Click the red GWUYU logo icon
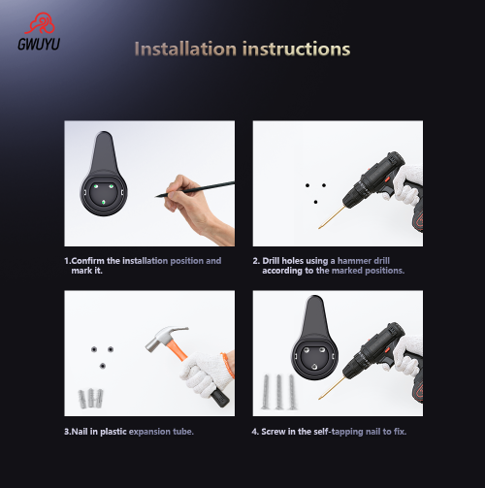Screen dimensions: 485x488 pyautogui.click(x=40, y=23)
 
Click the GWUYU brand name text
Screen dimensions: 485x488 pyautogui.click(x=39, y=45)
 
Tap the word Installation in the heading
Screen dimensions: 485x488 pyautogui.click(x=185, y=49)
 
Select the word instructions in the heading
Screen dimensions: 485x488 pyautogui.click(x=296, y=49)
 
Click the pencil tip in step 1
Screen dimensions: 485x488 pyautogui.click(x=156, y=196)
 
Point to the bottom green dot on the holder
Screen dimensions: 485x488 pyautogui.click(x=104, y=202)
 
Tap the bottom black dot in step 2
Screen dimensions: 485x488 pyautogui.click(x=315, y=202)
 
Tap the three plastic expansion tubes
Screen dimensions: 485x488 pyautogui.click(x=91, y=398)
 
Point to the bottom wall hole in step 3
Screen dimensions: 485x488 pyautogui.click(x=103, y=366)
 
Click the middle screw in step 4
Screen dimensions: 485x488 pyautogui.click(x=278, y=392)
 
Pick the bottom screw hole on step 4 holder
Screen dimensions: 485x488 pyautogui.click(x=314, y=367)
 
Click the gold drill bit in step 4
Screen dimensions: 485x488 pyautogui.click(x=332, y=388)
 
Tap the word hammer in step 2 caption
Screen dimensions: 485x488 pyautogui.click(x=354, y=261)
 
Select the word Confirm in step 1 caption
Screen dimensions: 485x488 pyautogui.click(x=87, y=261)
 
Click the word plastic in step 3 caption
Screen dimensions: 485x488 pyautogui.click(x=113, y=432)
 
